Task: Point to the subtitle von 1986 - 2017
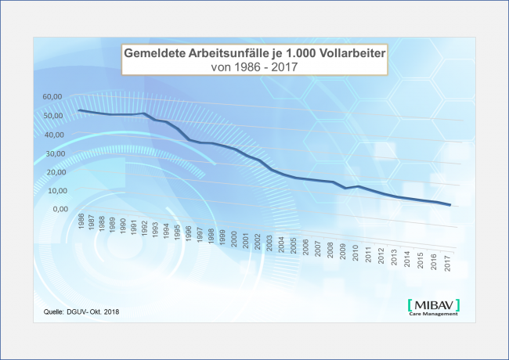255,67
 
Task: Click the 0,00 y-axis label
54,210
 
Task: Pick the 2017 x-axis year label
446,262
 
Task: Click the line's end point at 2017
449,205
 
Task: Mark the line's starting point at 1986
79,110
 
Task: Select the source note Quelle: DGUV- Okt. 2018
81,312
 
